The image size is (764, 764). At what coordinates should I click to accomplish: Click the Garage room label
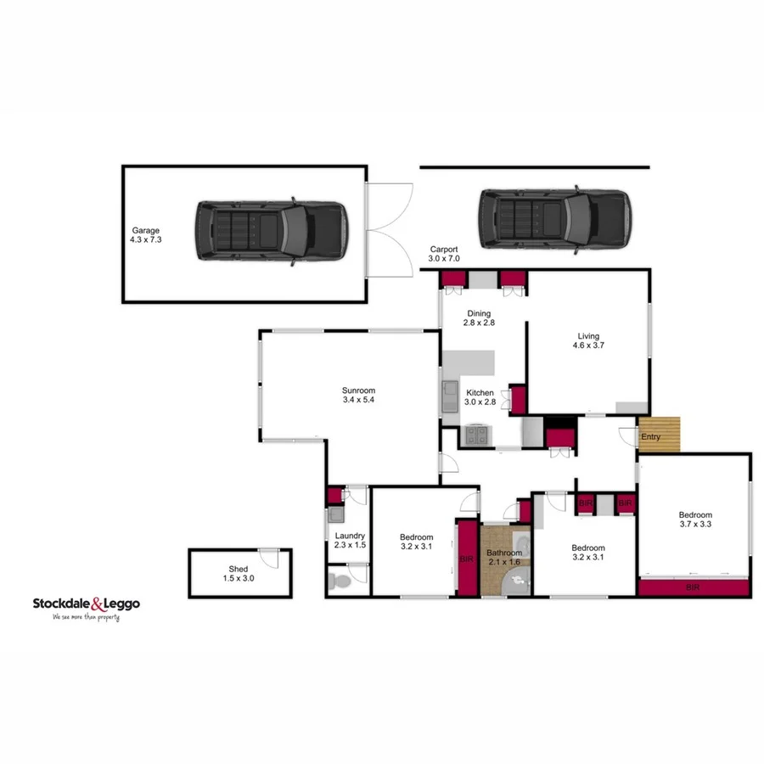pyautogui.click(x=145, y=235)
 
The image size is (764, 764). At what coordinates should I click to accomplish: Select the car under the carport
pyautogui.click(x=553, y=220)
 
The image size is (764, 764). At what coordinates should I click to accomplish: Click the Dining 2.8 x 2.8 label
pyautogui.click(x=479, y=317)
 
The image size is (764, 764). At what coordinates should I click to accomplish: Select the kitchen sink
pyautogui.click(x=449, y=397)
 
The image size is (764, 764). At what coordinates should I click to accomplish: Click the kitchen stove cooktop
pyautogui.click(x=475, y=436)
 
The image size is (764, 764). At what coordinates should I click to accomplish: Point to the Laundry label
pyautogui.click(x=350, y=540)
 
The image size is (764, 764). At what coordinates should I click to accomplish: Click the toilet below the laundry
pyautogui.click(x=337, y=582)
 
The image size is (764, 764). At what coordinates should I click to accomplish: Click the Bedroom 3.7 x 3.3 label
pyautogui.click(x=694, y=520)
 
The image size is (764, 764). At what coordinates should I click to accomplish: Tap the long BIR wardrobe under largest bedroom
pyautogui.click(x=694, y=587)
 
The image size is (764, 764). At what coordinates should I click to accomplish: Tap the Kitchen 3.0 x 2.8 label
pyautogui.click(x=480, y=397)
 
